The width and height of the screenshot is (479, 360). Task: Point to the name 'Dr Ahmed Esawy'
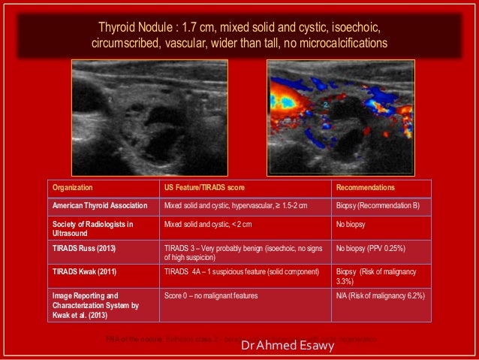coord(283,347)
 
